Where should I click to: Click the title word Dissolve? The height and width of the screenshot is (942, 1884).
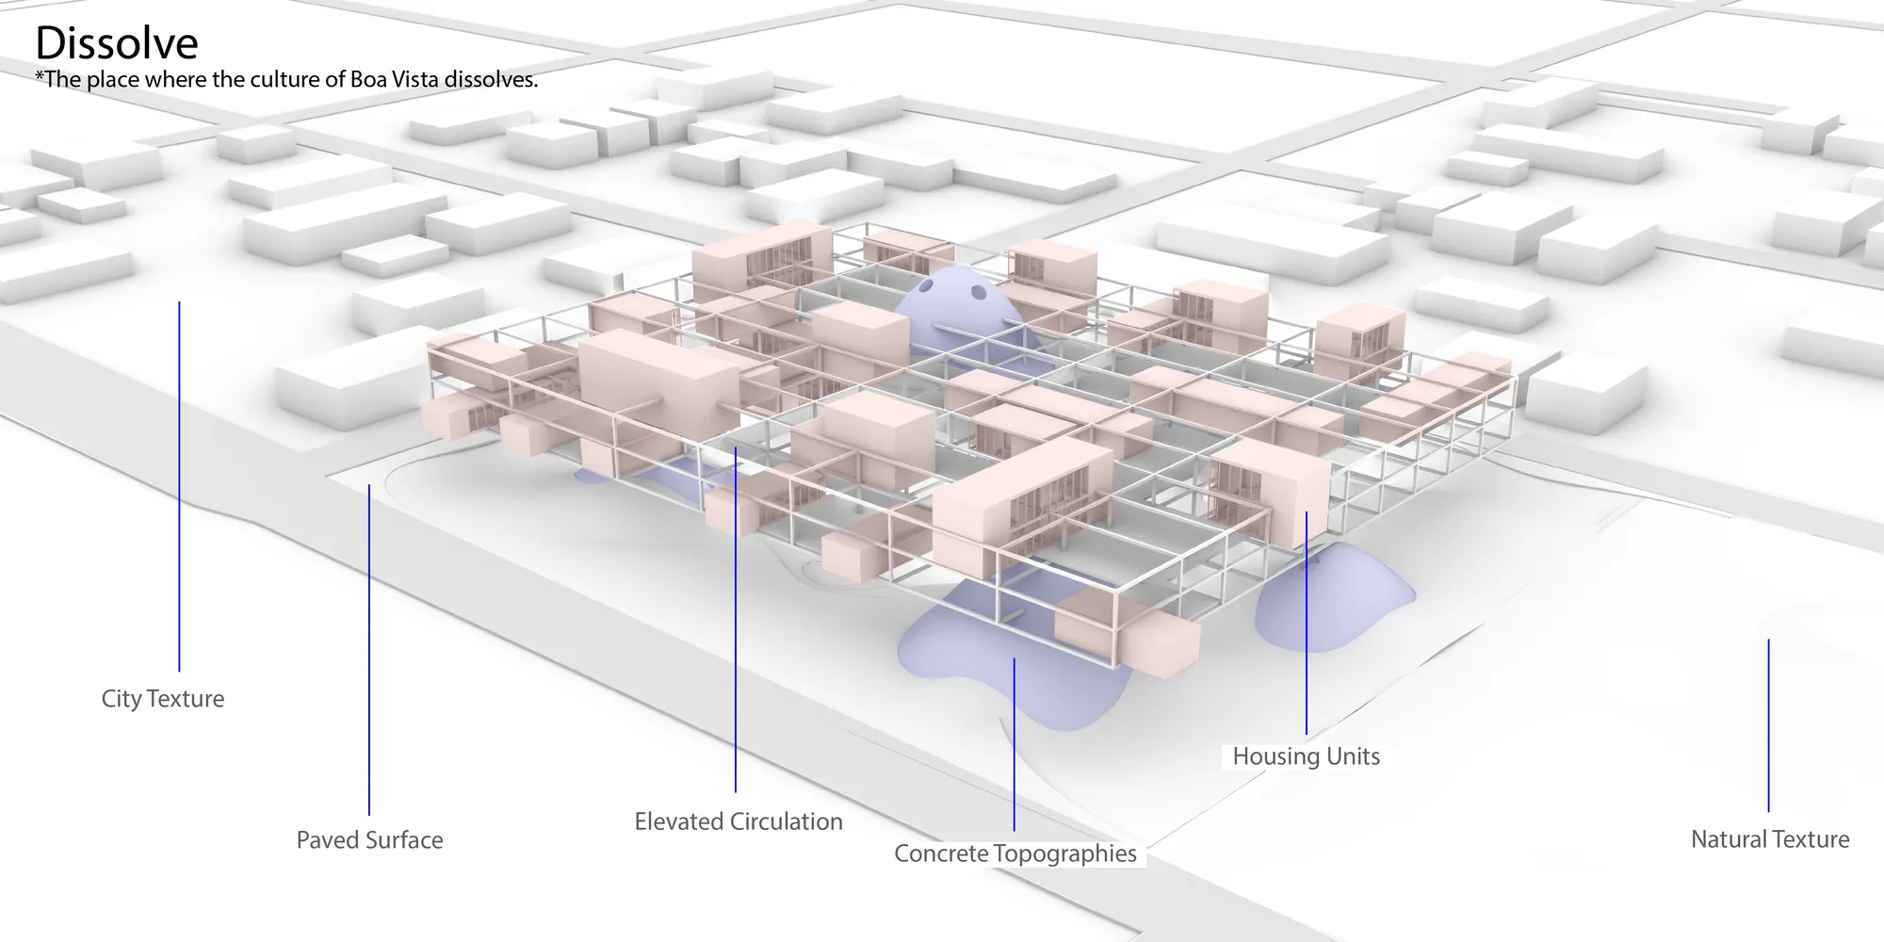[117, 43]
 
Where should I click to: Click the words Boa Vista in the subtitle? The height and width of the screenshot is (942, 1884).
[385, 79]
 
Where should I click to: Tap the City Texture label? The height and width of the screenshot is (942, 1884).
[163, 699]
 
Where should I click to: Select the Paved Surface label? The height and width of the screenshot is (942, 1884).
[369, 840]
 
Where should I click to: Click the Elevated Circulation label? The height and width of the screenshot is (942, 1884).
[739, 821]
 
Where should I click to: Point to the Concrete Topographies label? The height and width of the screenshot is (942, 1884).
[1015, 853]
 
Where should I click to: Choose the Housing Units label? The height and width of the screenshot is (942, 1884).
[1307, 756]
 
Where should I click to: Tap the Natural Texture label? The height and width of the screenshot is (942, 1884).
[1770, 839]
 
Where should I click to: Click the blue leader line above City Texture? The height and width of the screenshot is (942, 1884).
[179, 486]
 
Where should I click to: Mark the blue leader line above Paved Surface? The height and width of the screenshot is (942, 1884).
[369, 649]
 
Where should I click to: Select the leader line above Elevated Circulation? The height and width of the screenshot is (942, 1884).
[735, 620]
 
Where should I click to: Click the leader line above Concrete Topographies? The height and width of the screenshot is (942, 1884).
[1014, 744]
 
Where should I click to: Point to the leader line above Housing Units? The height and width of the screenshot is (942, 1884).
[1307, 623]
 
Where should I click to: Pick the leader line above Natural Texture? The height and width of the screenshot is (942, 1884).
[1768, 725]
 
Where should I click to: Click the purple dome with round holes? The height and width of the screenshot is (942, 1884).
[951, 301]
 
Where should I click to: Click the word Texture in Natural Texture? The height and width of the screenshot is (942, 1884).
[1811, 839]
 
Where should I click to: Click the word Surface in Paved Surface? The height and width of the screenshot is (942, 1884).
[403, 840]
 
